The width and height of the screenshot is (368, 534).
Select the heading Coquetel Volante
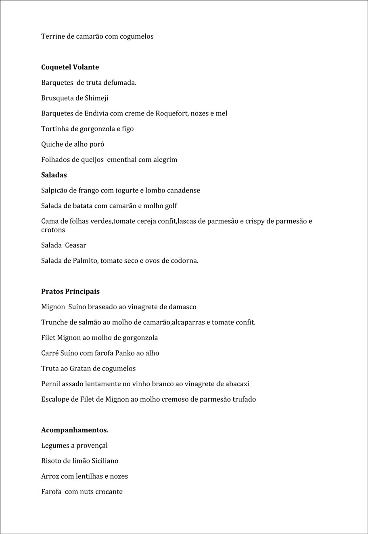click(70, 67)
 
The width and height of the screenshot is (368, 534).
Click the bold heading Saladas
click(54, 175)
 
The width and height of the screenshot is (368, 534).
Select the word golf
click(171, 206)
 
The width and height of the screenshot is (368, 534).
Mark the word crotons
click(53, 230)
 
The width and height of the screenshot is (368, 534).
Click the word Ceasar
click(75, 245)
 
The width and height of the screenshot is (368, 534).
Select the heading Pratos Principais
click(70, 291)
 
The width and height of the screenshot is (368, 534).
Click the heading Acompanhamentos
click(75, 430)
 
